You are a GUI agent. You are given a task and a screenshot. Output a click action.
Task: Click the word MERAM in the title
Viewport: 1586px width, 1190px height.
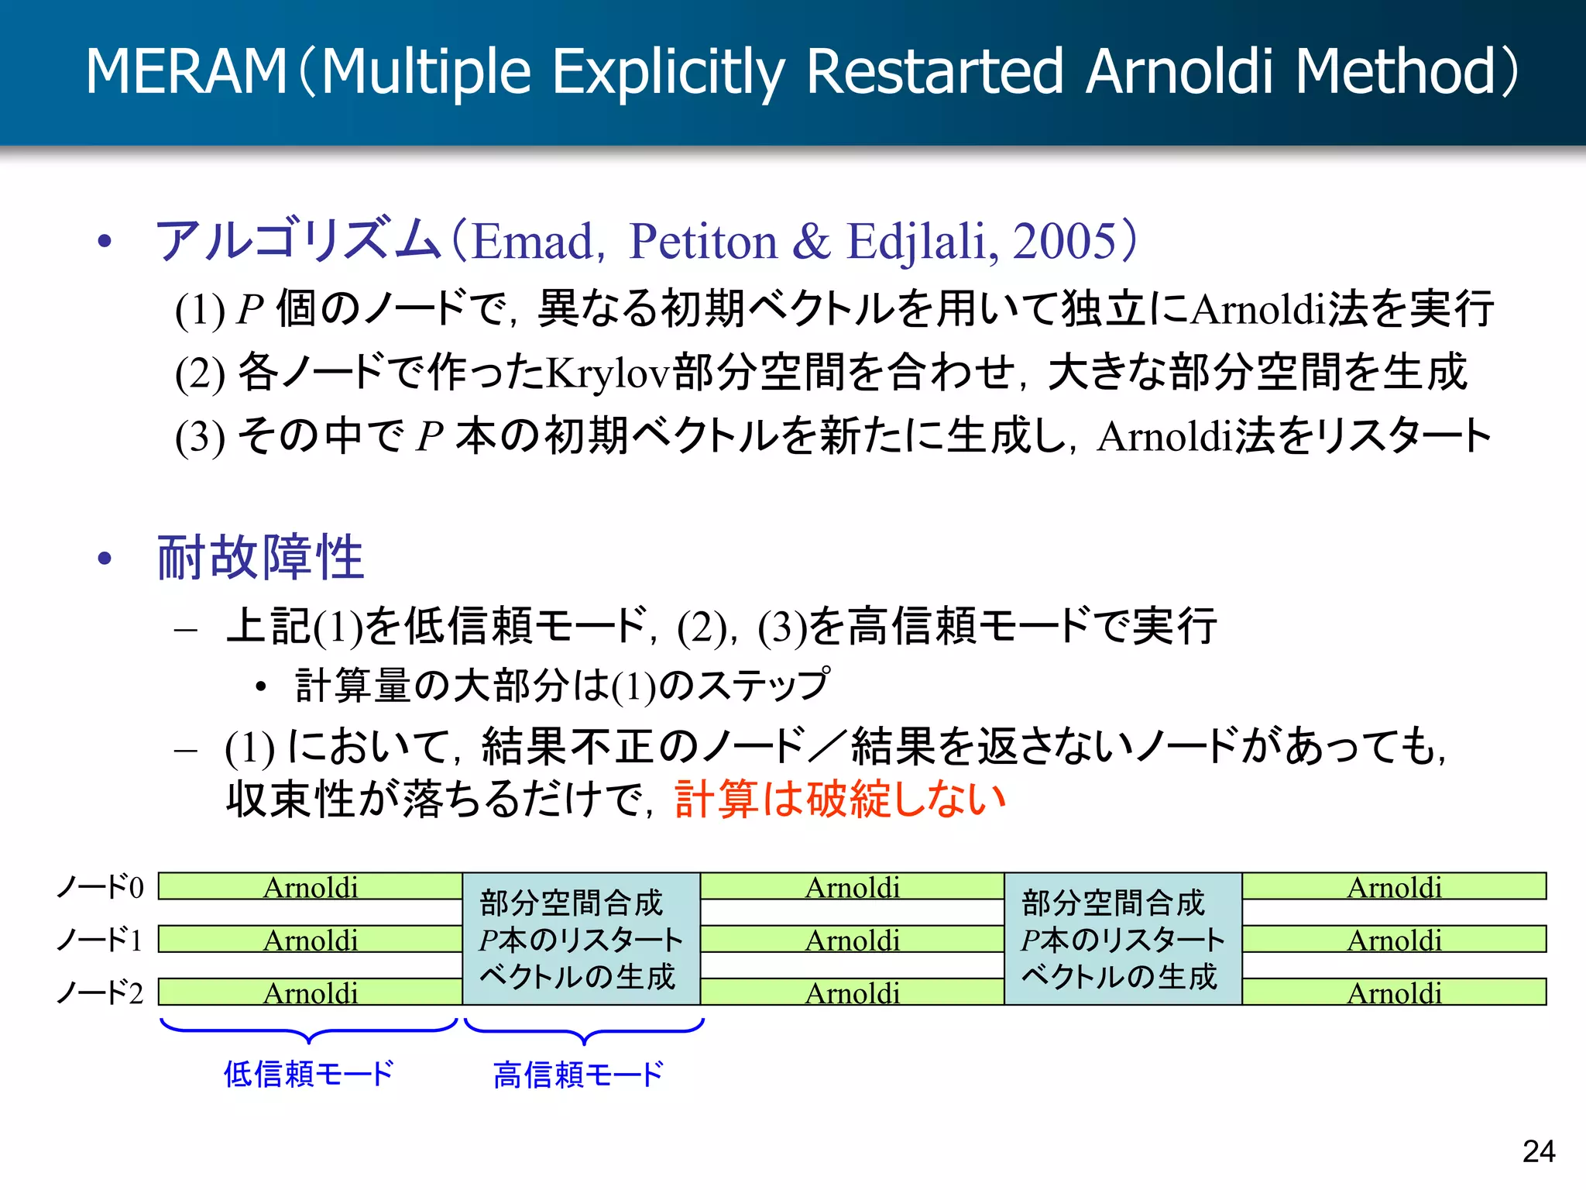[186, 71]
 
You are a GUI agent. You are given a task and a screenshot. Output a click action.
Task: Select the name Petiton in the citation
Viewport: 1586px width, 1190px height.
[703, 241]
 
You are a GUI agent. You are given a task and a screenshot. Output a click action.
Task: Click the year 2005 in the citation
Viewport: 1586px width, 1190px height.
[1065, 241]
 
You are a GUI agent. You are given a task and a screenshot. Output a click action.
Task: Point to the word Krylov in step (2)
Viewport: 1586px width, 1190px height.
[608, 373]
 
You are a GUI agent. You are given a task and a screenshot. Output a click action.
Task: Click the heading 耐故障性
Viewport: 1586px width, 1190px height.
[260, 557]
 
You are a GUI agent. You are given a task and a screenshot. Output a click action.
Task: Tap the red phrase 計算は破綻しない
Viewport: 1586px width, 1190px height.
[839, 799]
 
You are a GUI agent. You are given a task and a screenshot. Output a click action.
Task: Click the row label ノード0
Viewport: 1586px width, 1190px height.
[101, 887]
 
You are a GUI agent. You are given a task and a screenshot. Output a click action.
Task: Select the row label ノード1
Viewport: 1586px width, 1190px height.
[101, 940]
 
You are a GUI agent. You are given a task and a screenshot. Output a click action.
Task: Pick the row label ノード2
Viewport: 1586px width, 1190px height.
[101, 992]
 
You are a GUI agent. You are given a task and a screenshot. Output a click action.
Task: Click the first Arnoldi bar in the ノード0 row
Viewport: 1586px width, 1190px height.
[311, 886]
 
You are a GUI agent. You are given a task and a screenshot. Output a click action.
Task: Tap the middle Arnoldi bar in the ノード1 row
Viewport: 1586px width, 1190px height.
[852, 939]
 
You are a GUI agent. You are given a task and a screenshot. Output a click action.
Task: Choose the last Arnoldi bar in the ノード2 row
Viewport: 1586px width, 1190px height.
[1394, 992]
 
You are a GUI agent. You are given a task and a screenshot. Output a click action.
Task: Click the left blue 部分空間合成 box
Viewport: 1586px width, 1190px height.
[582, 939]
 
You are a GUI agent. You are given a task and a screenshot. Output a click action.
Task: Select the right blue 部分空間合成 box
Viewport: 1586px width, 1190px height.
[1123, 939]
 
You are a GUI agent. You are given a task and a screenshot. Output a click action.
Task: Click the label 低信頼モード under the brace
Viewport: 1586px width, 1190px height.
[309, 1075]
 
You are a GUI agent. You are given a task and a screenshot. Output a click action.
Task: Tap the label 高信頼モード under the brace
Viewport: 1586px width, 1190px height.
[578, 1075]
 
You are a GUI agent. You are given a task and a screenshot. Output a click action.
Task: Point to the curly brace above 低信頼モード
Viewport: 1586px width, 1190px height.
[309, 1031]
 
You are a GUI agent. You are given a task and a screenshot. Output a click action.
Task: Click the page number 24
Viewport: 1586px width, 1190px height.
[1538, 1151]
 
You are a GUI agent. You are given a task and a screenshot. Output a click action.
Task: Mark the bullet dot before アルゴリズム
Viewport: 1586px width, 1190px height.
[105, 242]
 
